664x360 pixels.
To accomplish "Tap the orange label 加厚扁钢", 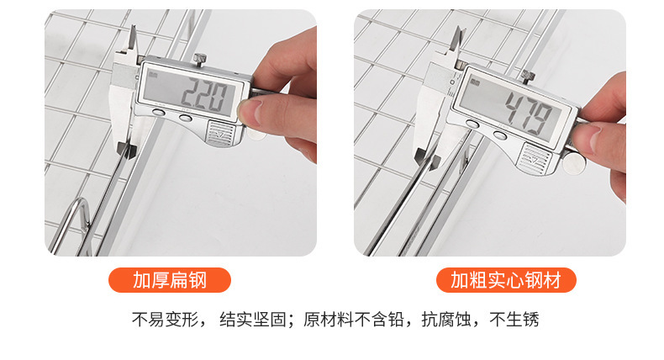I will [170, 280].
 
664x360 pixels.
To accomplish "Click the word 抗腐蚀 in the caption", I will [440, 320].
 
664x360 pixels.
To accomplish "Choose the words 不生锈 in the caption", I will [514, 320].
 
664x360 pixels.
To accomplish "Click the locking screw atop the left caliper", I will [200, 58].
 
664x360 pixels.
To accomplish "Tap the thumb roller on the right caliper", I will [576, 163].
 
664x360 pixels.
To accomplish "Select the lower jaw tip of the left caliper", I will [126, 150].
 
